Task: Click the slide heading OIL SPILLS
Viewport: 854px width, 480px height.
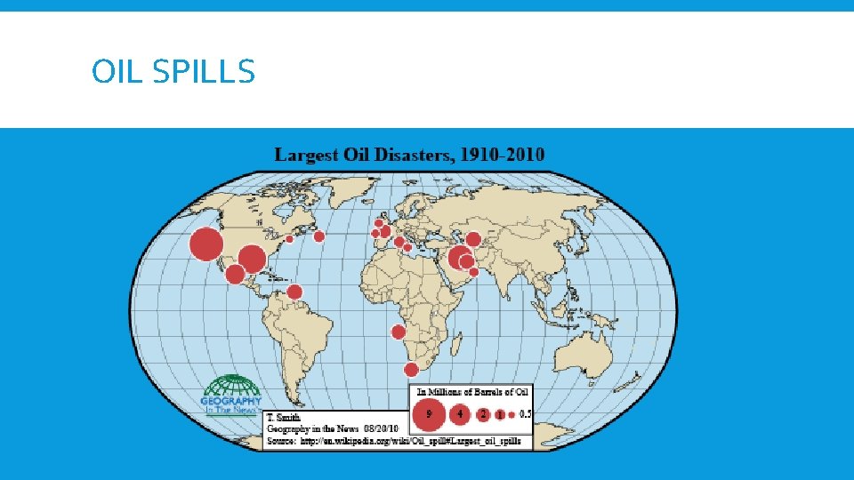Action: (173, 71)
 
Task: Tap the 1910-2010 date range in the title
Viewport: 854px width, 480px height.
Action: (502, 155)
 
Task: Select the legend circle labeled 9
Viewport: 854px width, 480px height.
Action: (430, 414)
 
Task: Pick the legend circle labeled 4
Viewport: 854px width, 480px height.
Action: (461, 414)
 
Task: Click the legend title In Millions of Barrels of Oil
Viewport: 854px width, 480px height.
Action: (473, 391)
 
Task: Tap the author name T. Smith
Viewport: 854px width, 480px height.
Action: (285, 417)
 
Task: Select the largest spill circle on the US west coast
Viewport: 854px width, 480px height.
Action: (206, 244)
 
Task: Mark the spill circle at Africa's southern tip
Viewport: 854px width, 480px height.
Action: (411, 369)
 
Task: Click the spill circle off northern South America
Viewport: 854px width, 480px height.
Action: (294, 292)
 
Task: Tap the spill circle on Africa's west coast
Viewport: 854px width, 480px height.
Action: (398, 332)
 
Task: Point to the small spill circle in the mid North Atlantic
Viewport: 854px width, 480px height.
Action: (318, 236)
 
